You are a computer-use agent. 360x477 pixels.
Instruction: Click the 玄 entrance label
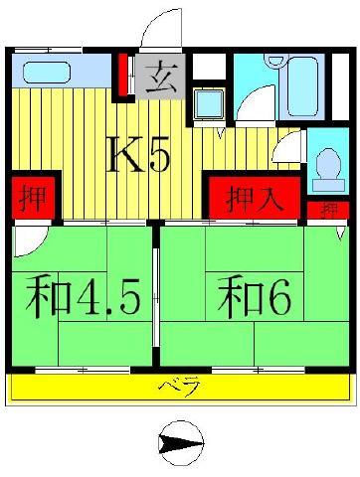[x=160, y=77]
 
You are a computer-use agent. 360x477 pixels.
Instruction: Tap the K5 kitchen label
[x=138, y=154]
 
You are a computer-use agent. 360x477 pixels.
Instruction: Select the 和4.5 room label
[x=83, y=297]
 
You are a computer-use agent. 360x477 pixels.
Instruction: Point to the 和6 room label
[x=255, y=297]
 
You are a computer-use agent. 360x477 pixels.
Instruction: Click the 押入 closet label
[x=255, y=199]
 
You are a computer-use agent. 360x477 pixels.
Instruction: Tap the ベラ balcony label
[x=180, y=386]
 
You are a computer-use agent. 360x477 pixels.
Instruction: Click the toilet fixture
[x=328, y=170]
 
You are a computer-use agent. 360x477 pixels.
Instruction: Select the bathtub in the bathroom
[x=303, y=86]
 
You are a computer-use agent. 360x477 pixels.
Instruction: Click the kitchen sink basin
[x=47, y=73]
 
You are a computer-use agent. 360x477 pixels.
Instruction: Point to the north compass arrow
[x=181, y=443]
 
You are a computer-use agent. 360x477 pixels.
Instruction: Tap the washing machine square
[x=209, y=104]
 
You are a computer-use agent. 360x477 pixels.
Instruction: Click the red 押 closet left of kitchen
[x=33, y=198]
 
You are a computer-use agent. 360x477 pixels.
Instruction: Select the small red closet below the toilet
[x=328, y=210]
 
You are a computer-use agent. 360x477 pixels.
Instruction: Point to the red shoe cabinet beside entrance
[x=123, y=75]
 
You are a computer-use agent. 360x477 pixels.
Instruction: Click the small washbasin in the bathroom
[x=275, y=61]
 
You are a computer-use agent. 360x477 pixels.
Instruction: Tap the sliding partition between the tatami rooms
[x=156, y=297]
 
